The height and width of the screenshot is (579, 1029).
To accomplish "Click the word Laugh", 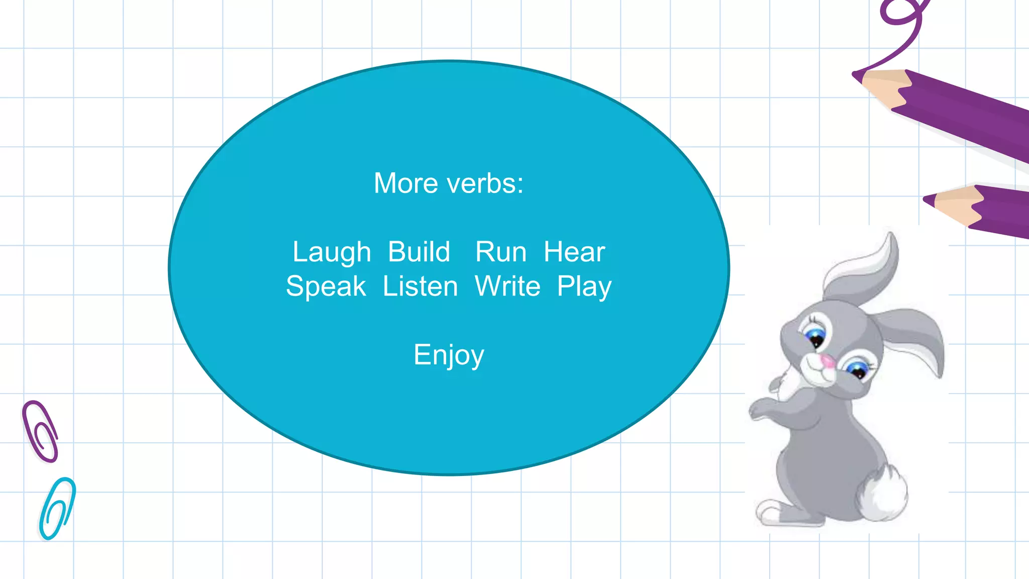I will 332,252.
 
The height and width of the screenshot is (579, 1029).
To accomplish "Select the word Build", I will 419,252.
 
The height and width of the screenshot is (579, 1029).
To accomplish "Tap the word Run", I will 501,252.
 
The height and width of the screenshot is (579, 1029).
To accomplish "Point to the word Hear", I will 574,252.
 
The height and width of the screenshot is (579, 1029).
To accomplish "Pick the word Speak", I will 326,286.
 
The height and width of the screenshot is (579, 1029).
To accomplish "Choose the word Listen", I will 421,286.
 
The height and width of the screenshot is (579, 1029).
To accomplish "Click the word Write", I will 507,286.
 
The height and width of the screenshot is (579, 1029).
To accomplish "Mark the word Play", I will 584,287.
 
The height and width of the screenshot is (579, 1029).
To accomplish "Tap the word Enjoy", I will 449,355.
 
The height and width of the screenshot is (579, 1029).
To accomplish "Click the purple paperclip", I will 41,431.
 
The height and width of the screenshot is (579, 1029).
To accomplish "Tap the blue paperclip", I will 57,508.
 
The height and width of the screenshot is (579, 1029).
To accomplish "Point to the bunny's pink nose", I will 827,361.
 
